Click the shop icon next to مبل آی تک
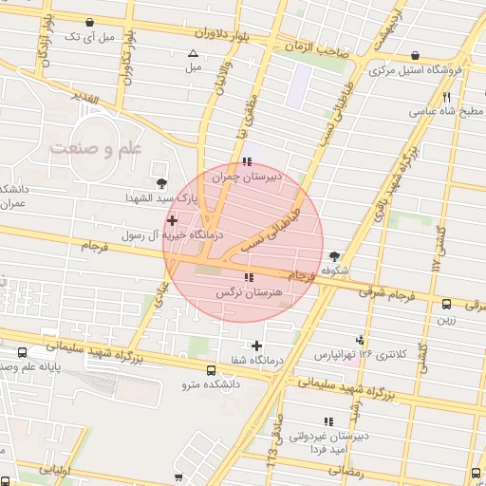(89, 21)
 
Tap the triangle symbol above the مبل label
(194, 54)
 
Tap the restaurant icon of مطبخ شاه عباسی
(446, 96)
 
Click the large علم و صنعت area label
(96, 149)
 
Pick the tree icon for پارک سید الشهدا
(159, 183)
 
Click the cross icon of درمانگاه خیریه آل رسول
(172, 220)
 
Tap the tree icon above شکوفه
(333, 255)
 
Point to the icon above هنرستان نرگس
(248, 278)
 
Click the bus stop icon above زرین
(446, 304)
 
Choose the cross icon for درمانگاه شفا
(256, 345)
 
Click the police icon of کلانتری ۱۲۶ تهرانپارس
(359, 340)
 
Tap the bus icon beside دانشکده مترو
(211, 371)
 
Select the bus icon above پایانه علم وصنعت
(22, 351)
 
